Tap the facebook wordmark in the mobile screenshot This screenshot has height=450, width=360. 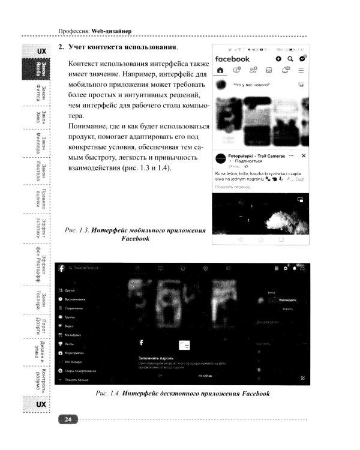(232, 59)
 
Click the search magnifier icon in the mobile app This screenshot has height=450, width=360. (290, 59)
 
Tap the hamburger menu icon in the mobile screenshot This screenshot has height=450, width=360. (301, 70)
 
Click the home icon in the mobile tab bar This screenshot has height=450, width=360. (220, 70)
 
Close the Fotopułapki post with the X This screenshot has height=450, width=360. (303, 155)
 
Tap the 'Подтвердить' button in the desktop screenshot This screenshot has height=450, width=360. (287, 298)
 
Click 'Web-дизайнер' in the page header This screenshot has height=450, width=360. (112, 31)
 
